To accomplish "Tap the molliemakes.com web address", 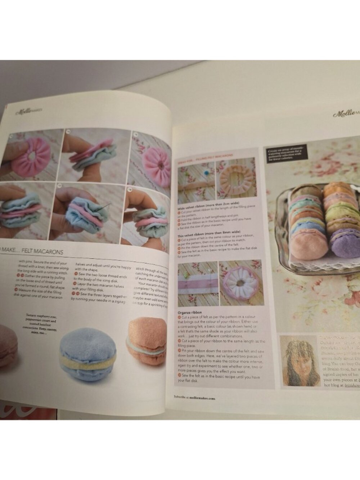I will tap(200, 398).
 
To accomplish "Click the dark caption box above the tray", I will tap(287, 154).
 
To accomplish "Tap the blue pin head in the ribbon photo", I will tap(206, 173).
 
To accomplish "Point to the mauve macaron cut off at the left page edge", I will tap(7, 344).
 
